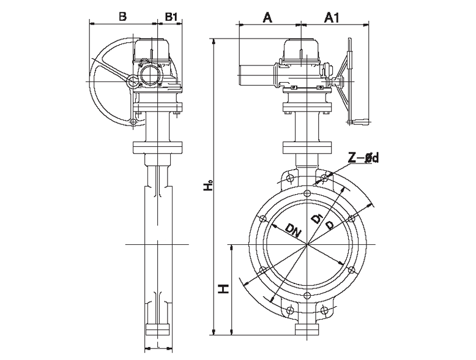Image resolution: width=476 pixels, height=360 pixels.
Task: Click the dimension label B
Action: click(x=122, y=17)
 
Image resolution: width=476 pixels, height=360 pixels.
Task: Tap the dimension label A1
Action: click(x=332, y=18)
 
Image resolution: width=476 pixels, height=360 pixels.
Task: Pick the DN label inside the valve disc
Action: click(x=293, y=231)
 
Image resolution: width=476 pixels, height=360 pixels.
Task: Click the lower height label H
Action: click(x=225, y=288)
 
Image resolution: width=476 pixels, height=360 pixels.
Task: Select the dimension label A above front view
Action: click(x=267, y=18)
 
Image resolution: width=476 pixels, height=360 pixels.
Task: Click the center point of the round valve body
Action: click(x=308, y=245)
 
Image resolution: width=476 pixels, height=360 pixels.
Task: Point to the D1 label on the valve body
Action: click(x=317, y=219)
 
